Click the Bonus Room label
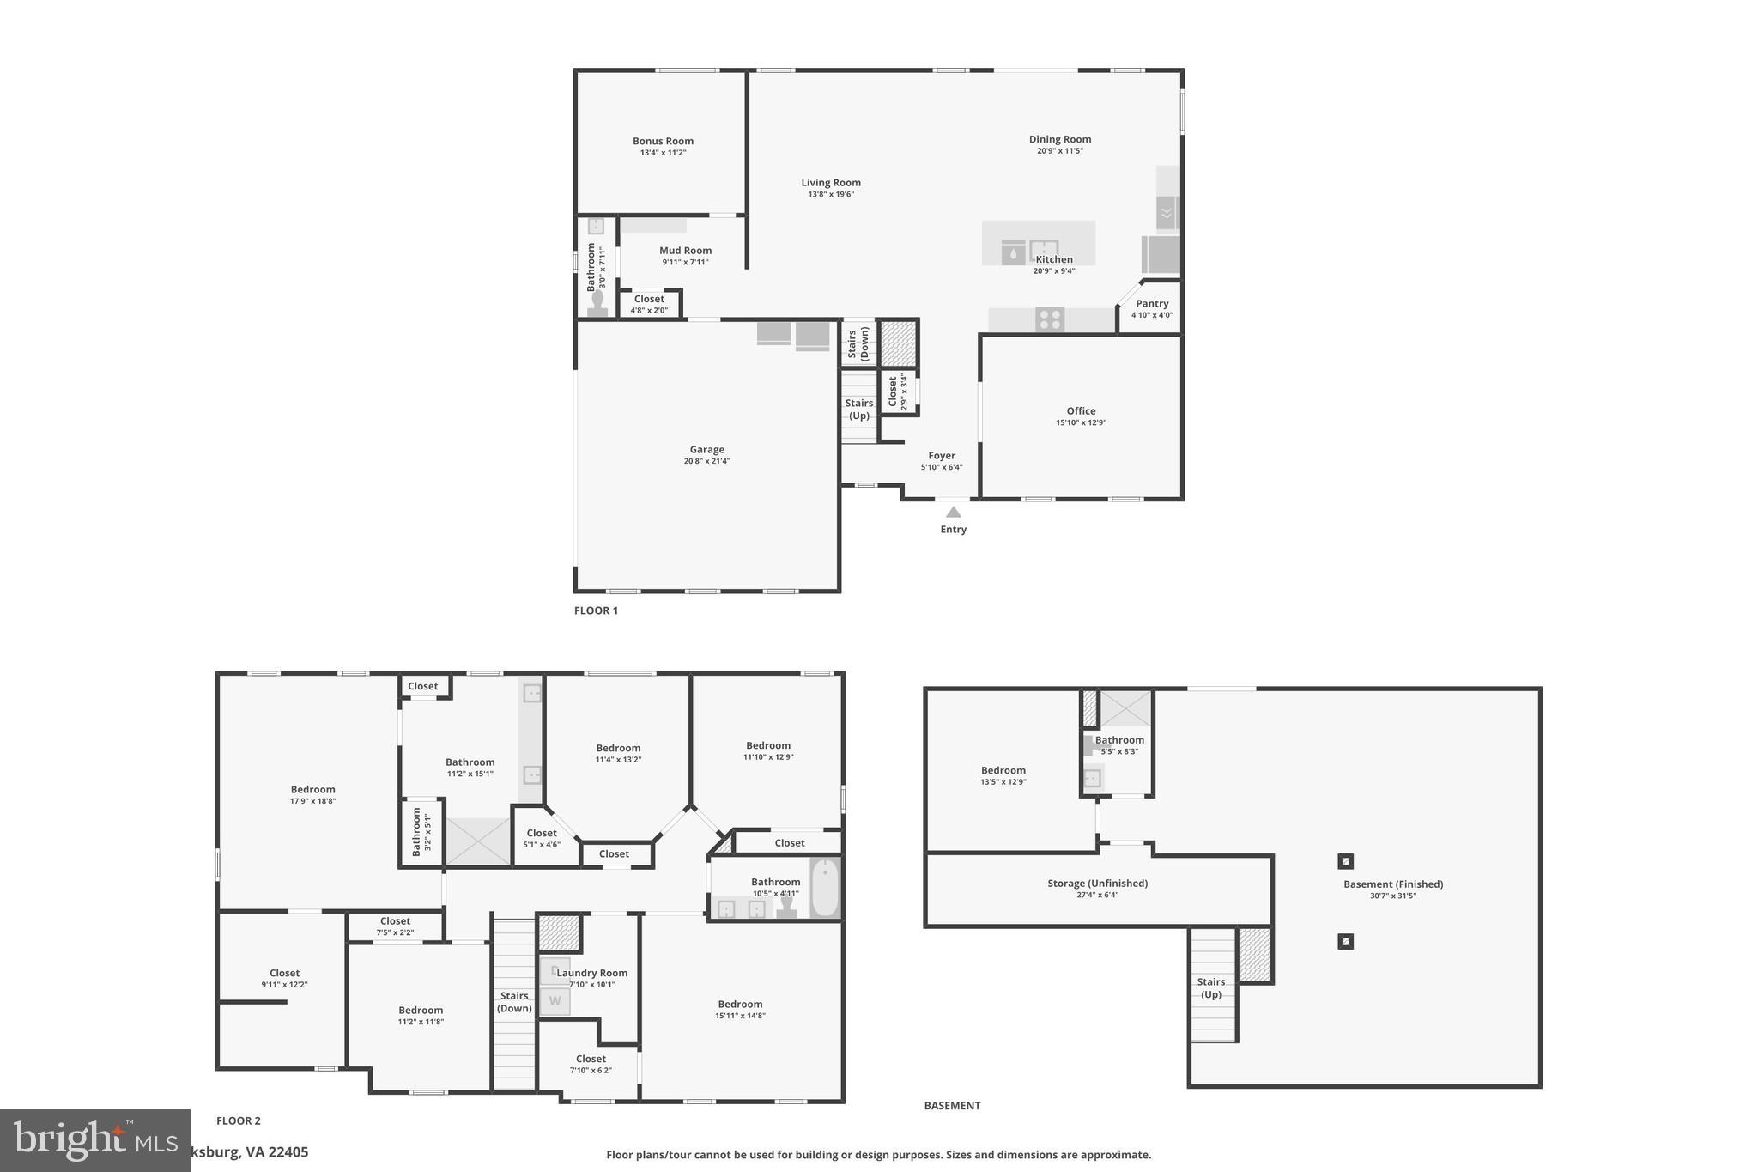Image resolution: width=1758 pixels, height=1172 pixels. [663, 141]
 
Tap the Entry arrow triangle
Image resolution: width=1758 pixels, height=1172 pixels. [953, 512]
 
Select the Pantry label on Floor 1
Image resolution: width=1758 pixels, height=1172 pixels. [1152, 303]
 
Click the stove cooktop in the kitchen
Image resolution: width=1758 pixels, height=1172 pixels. [1049, 319]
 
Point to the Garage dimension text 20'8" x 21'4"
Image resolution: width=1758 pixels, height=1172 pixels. [706, 461]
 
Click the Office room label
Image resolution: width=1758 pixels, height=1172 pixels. [1081, 410]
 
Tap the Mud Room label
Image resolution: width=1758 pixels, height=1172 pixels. [685, 251]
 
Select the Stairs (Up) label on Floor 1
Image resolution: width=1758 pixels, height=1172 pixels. [858, 409]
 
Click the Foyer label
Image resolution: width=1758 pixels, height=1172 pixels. [942, 456]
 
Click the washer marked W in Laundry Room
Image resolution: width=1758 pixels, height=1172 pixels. [555, 1001]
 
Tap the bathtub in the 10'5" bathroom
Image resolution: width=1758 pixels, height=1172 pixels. [825, 889]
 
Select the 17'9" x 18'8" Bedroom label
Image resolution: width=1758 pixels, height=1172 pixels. [312, 789]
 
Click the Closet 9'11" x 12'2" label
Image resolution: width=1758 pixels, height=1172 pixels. [284, 973]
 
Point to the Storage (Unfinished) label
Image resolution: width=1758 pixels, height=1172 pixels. [1097, 883]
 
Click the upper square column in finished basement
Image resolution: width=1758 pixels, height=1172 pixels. [1345, 861]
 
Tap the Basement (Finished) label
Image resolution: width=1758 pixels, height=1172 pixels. [1392, 884]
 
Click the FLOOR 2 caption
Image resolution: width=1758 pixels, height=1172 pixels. [239, 1120]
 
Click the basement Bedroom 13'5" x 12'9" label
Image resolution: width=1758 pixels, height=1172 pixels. [1003, 770]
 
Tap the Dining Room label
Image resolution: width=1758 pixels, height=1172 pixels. [1060, 139]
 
